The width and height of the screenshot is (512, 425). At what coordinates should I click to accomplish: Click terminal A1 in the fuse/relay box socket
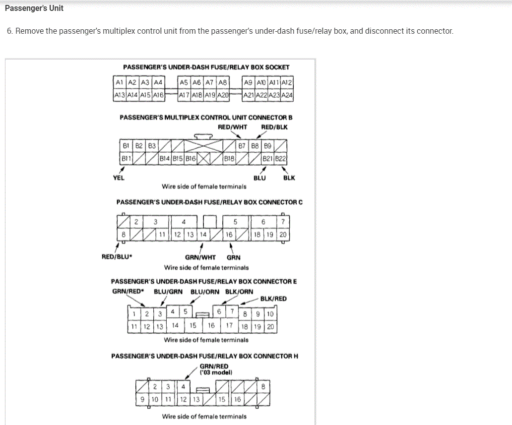119,82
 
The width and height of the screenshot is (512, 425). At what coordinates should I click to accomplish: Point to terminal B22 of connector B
282,159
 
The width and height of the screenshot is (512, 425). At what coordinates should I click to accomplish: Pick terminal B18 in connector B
229,159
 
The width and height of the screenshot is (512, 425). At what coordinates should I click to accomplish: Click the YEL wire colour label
119,178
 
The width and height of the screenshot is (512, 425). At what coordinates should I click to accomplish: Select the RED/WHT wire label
232,127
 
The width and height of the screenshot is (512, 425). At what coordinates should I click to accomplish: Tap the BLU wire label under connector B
259,178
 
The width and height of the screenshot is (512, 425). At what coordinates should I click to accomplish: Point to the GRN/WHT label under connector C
200,257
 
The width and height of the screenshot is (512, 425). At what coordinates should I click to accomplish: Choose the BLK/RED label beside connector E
273,299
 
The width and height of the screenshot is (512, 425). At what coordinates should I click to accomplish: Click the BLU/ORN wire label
204,292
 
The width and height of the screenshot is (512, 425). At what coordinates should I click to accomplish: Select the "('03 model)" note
216,372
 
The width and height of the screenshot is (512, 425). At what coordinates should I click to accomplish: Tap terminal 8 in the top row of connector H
263,386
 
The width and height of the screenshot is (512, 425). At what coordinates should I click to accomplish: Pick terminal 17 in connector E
229,326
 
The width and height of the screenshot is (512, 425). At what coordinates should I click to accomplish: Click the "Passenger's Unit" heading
34,8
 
